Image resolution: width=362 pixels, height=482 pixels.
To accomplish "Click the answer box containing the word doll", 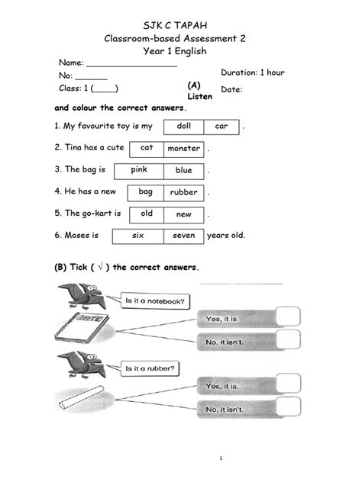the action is tap(184, 127).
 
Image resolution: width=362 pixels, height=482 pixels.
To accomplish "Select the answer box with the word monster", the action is tap(184, 149).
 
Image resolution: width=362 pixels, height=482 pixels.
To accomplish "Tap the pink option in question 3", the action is tap(139, 172).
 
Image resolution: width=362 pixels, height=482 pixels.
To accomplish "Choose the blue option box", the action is tap(184, 172).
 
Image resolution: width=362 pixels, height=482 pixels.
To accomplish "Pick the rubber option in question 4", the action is tap(184, 193).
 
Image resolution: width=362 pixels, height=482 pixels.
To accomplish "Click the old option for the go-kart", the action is tap(147, 215).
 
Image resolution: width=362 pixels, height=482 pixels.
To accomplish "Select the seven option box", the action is tap(184, 236).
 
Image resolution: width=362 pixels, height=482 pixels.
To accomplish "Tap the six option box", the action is tap(138, 236).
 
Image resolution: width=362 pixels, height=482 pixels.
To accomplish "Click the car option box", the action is tap(221, 127).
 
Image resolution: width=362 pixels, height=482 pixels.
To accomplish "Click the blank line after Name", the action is tap(132, 66).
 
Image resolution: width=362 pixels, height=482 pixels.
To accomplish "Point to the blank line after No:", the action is tap(92, 79).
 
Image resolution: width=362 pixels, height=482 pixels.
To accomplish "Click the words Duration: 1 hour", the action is tap(253, 72).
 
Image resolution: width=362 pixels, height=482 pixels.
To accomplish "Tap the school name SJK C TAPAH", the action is tap(175, 25).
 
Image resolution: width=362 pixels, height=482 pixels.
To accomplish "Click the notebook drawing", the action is tap(82, 328).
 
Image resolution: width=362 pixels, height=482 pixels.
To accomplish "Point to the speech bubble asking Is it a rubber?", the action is tap(150, 368).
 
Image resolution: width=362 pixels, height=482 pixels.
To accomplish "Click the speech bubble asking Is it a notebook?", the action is tap(155, 301).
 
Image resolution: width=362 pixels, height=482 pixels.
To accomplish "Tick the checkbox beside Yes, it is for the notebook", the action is tap(288, 317).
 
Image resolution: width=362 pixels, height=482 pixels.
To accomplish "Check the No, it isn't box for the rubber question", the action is tap(289, 406).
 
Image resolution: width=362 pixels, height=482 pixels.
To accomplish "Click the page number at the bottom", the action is tap(221, 458).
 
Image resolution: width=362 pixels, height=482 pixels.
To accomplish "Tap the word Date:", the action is tap(231, 90).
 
